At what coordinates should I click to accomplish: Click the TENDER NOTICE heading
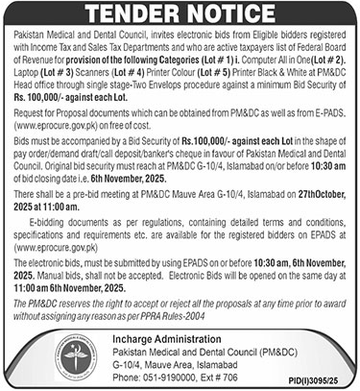[x=180, y=16]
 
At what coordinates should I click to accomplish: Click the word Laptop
[x=24, y=70]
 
